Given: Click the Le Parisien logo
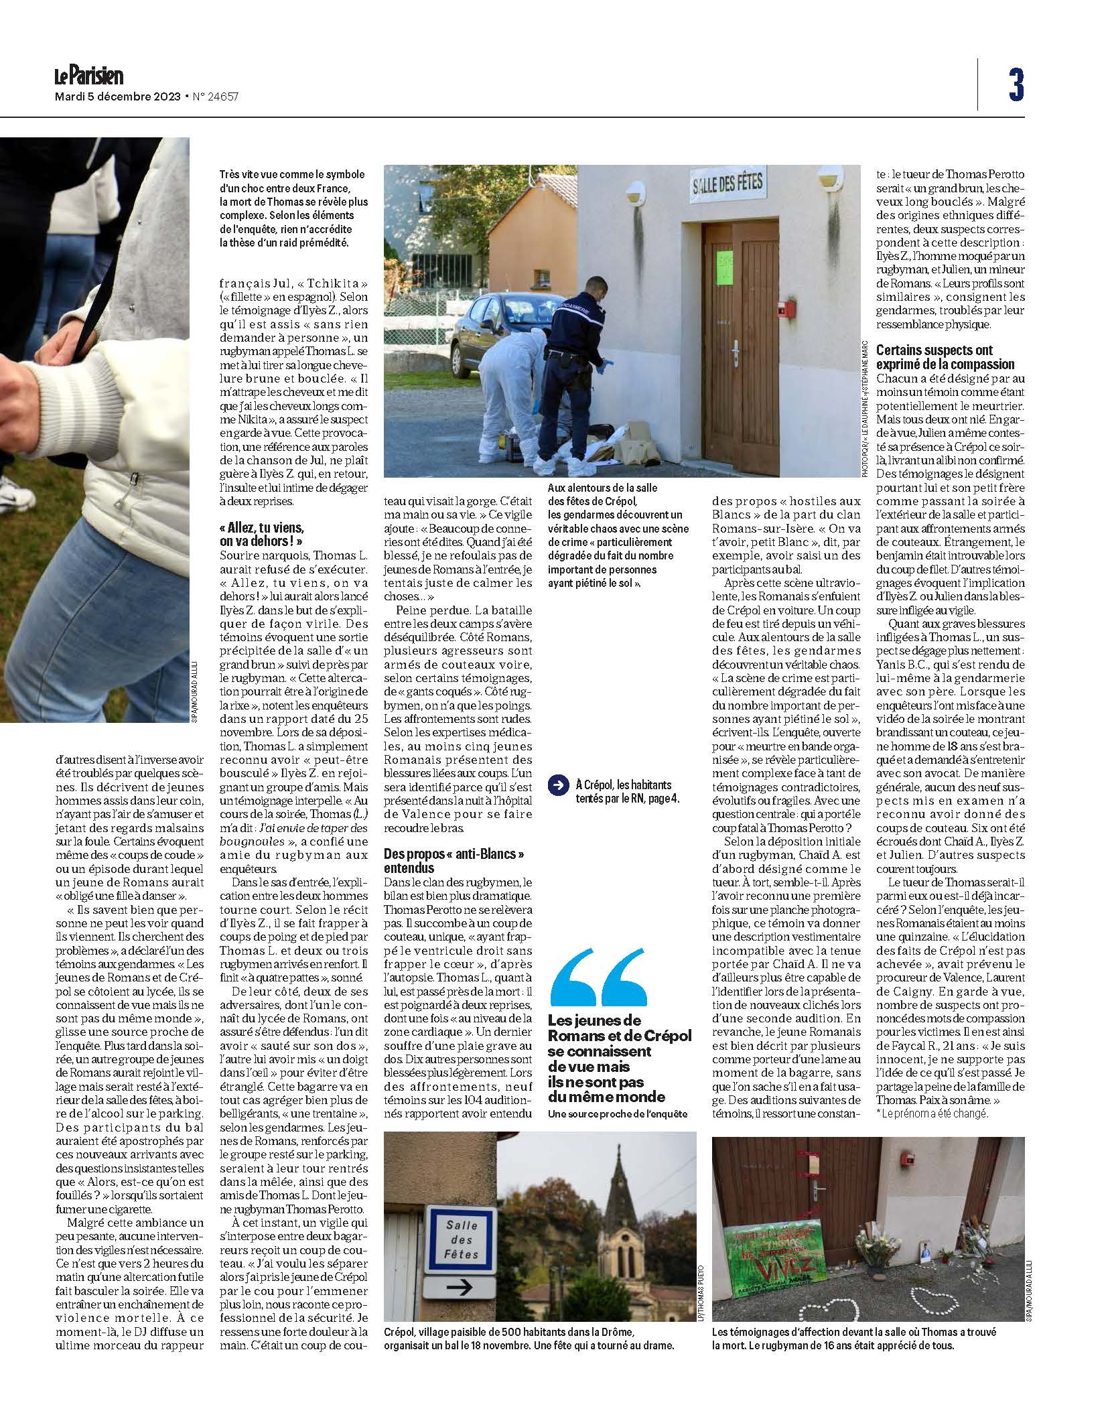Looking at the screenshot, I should coord(88,76).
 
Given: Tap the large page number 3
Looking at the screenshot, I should coord(1016,85).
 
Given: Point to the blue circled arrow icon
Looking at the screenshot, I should coord(557,786).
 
